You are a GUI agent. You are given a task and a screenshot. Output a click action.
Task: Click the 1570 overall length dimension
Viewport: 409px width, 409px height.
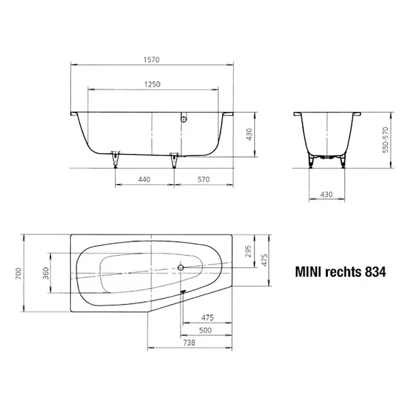[151, 59]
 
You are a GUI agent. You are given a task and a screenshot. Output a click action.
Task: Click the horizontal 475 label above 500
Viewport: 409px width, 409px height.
[209, 318]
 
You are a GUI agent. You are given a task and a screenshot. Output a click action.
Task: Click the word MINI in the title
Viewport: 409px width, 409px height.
[307, 271]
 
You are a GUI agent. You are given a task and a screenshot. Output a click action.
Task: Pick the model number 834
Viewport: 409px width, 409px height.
[375, 271]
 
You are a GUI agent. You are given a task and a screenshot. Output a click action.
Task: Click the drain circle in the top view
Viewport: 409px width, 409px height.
[181, 268]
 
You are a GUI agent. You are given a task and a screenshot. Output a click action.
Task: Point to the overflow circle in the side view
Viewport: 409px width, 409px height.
[182, 121]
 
